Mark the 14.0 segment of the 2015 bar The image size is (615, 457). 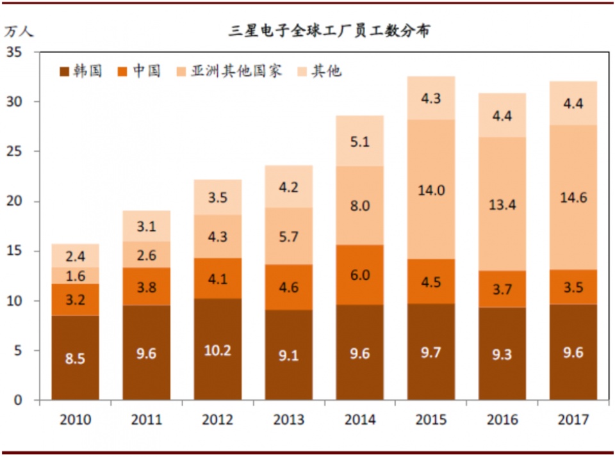point(431,189)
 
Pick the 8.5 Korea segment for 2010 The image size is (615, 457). point(76,358)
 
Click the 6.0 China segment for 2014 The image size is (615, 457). point(360,275)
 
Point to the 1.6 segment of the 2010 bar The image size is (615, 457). point(76,276)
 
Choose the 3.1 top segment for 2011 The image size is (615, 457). point(147,225)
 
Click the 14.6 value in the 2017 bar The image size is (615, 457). point(573,198)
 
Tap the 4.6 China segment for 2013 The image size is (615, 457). point(289,287)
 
